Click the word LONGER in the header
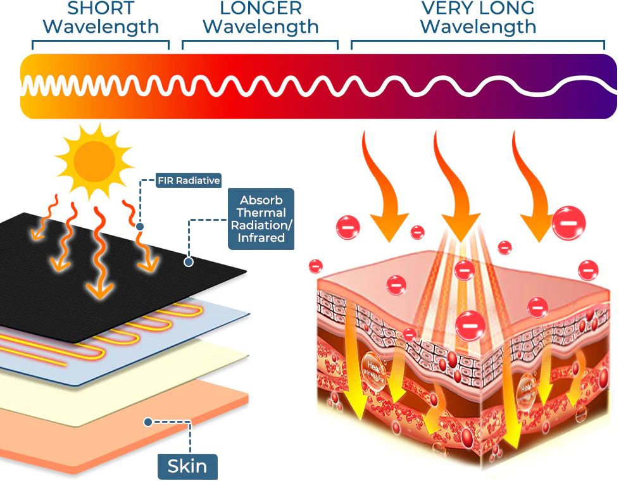pyautogui.click(x=261, y=9)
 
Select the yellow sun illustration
pyautogui.click(x=94, y=159)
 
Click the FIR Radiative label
pyautogui.click(x=189, y=180)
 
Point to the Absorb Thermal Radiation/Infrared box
pyautogui.click(x=261, y=219)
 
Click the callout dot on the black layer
pyautogui.click(x=187, y=261)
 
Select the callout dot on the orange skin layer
pyautogui.click(x=147, y=422)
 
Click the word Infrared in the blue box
pyautogui.click(x=261, y=239)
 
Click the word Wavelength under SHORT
pyautogui.click(x=103, y=27)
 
